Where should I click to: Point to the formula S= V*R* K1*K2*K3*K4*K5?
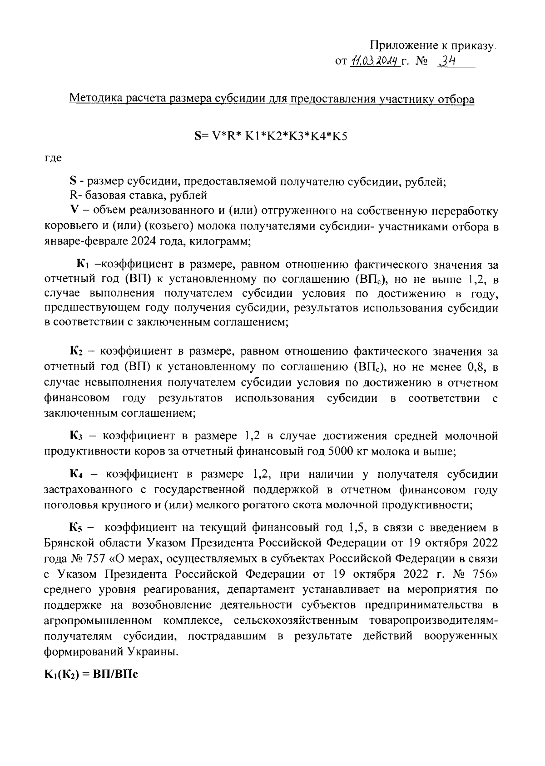pos(271,135)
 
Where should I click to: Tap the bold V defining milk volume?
pos(73,211)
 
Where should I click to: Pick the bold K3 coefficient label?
pos(75,436)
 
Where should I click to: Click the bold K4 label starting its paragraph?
pos(75,475)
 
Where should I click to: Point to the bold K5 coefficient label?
pos(75,528)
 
